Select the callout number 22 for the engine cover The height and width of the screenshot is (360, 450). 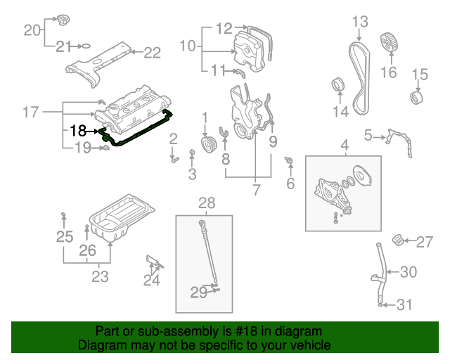tap(153, 51)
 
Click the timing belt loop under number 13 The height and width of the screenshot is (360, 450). tap(360, 77)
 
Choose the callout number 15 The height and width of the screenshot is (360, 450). tap(420, 74)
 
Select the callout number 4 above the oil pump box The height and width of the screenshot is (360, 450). tap(345, 146)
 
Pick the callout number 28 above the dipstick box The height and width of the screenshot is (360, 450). tap(207, 203)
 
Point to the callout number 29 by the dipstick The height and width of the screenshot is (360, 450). tap(198, 291)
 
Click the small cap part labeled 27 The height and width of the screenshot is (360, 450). tap(399, 240)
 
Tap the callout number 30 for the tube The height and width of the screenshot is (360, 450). tap(409, 272)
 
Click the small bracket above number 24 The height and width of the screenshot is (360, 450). tap(153, 264)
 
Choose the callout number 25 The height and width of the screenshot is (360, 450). tap(65, 237)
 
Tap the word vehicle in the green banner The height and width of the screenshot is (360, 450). tap(311, 345)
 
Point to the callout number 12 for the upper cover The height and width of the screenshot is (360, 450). tap(224, 29)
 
